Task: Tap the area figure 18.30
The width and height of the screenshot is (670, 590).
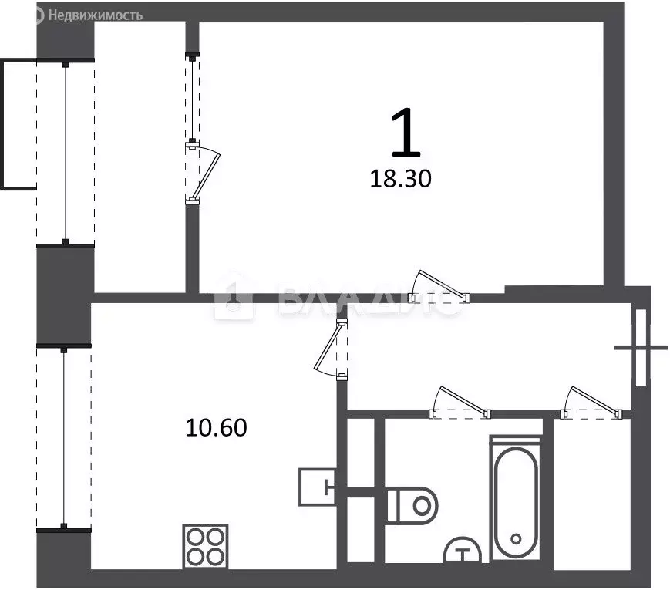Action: (400, 180)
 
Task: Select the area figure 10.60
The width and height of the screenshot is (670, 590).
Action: (216, 426)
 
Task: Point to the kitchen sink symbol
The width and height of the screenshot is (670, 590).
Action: (318, 486)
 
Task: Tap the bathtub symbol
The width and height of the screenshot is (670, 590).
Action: (516, 497)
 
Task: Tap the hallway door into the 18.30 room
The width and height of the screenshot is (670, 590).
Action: (439, 287)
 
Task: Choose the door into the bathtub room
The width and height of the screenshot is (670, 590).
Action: (460, 404)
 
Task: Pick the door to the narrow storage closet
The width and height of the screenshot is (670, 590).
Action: (592, 404)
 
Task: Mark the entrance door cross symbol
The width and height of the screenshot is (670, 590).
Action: (641, 348)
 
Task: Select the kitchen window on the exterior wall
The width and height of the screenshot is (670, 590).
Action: (64, 437)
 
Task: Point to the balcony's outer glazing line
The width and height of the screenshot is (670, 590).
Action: (66, 152)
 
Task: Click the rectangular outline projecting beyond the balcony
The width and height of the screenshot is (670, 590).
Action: (18, 123)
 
